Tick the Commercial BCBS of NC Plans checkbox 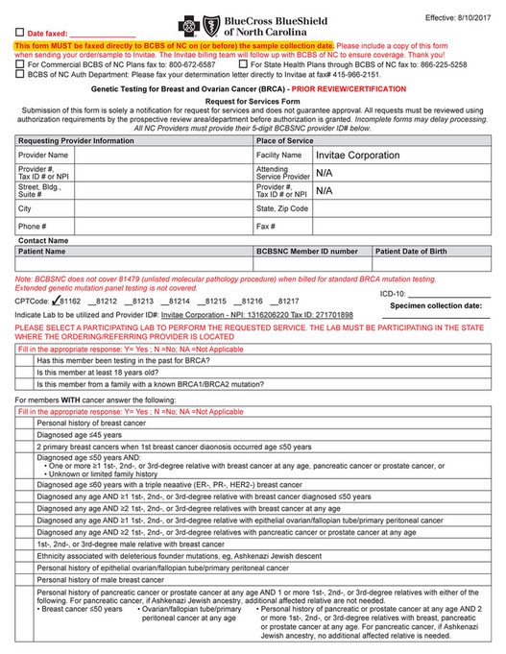tap(20, 64)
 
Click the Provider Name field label tap(43, 155)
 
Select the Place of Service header tap(285, 140)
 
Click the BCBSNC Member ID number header tap(306, 251)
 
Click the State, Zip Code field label tap(282, 208)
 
